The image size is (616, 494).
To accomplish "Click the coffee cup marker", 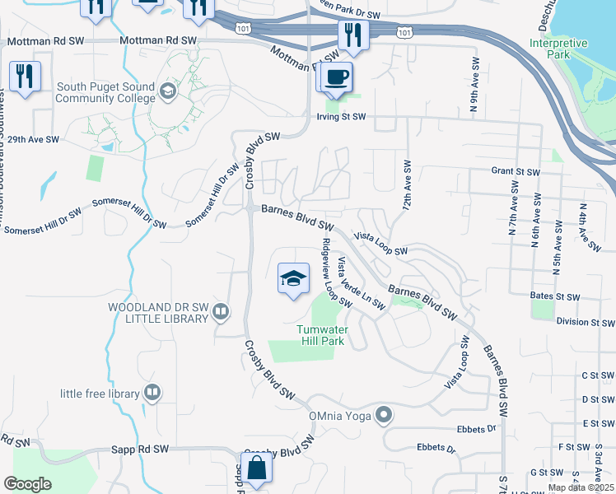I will click(x=335, y=77).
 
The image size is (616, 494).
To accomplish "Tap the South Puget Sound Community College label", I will click(x=105, y=93).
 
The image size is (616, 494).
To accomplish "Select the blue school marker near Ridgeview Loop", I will click(x=292, y=279).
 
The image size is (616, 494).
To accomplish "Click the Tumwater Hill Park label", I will click(x=320, y=335).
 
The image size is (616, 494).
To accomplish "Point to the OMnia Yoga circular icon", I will click(x=382, y=415).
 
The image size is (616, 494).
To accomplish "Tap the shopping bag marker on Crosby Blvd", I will click(x=258, y=467).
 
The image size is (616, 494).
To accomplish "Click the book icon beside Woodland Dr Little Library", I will click(x=220, y=311).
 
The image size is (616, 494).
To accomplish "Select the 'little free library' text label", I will click(x=99, y=394).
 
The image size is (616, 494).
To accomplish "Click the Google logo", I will click(x=27, y=484).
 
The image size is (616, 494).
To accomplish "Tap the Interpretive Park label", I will click(x=558, y=49).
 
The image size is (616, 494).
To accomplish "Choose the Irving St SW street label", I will click(x=341, y=117).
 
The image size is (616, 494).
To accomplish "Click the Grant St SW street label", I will click(x=515, y=172).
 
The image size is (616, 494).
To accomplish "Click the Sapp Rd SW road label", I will click(x=140, y=450).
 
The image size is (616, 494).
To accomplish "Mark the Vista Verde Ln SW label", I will click(x=361, y=283).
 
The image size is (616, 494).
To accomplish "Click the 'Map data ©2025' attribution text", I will click(x=580, y=487).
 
